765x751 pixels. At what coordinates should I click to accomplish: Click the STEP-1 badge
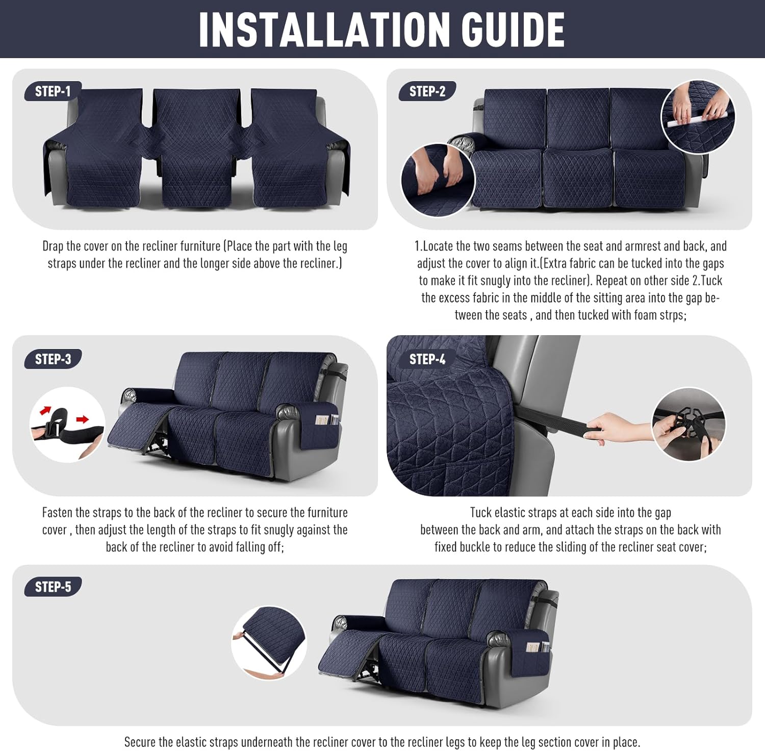(53, 91)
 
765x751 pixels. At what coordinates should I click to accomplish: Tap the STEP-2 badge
(427, 91)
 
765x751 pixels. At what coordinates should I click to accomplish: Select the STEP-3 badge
(53, 359)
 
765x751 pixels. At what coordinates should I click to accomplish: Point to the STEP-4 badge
(427, 359)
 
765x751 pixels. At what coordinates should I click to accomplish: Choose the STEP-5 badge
(53, 587)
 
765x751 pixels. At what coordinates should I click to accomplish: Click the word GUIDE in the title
(513, 29)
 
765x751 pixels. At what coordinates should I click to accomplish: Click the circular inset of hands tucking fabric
(438, 180)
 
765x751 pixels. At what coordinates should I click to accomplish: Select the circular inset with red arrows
(67, 424)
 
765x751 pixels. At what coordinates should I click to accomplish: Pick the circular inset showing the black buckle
(688, 424)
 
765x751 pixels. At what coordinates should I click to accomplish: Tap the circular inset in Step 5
(269, 643)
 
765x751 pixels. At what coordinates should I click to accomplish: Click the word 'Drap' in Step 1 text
(53, 246)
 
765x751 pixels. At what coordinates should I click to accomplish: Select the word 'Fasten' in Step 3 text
(57, 512)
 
